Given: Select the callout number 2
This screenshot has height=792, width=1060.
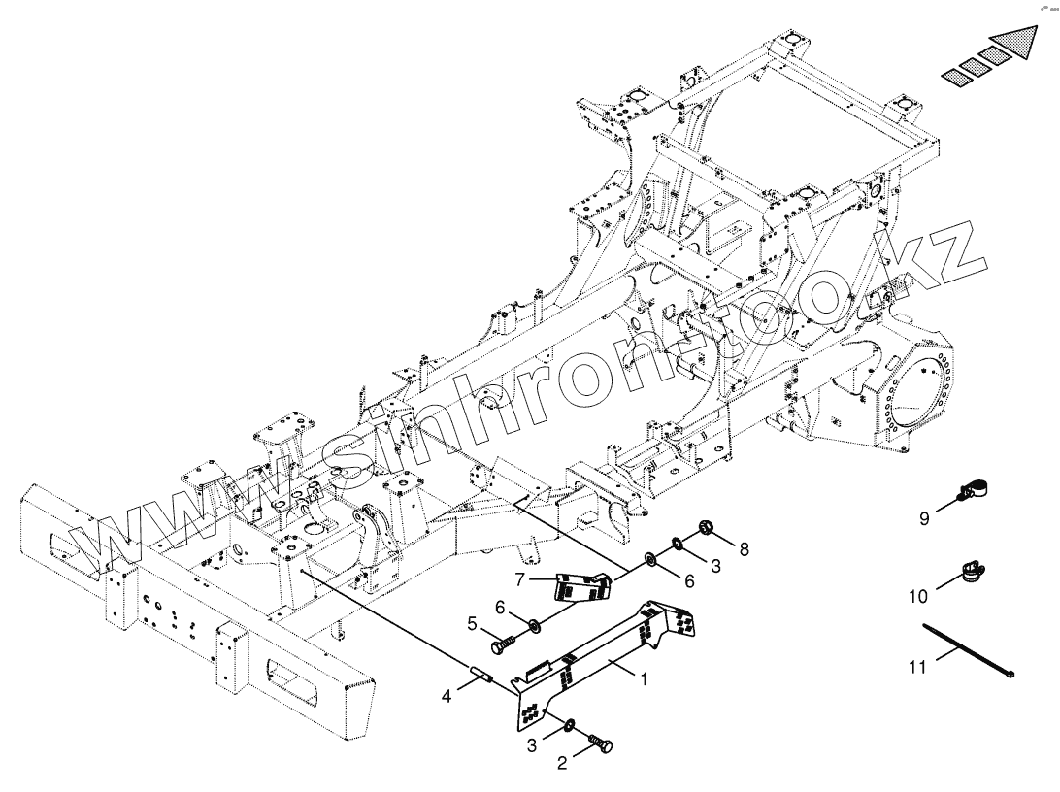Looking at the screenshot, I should point(560,764).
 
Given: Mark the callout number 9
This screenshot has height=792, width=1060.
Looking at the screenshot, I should point(925,518).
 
